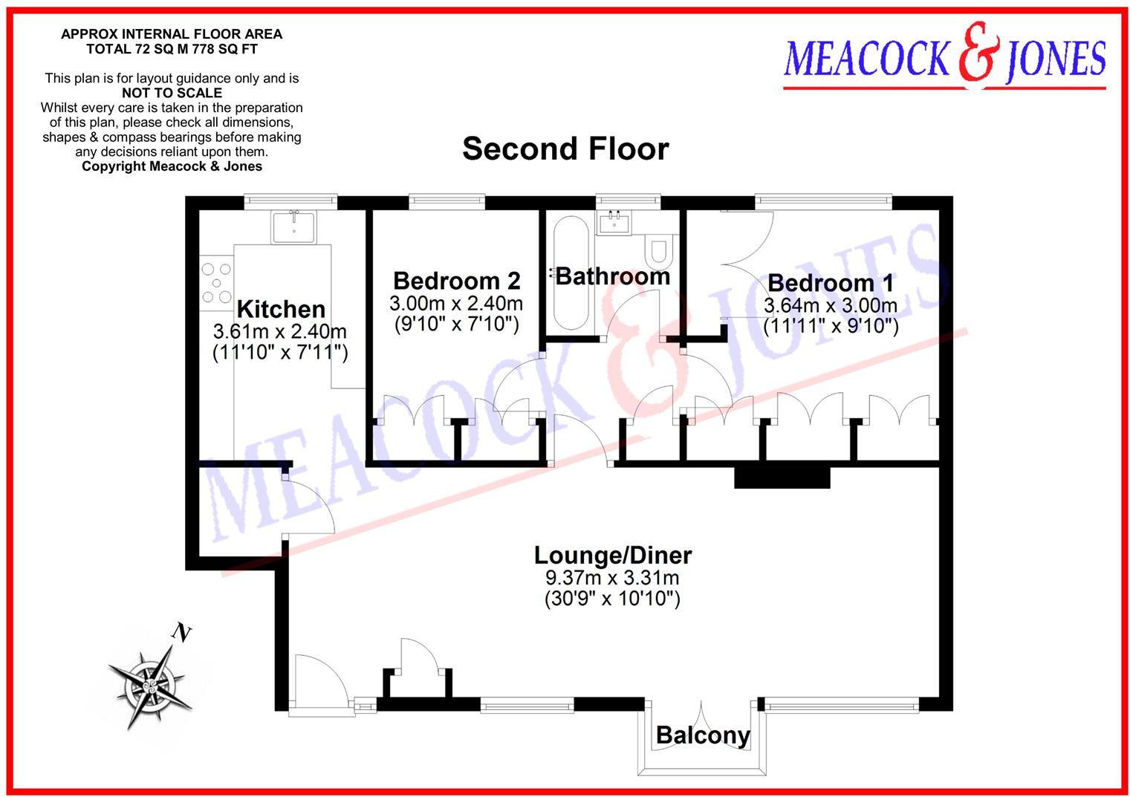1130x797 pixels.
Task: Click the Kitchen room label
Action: [281, 309]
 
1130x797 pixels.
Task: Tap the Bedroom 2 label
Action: [456, 281]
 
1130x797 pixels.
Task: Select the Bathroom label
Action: [613, 276]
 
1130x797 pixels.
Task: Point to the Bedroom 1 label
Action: [831, 283]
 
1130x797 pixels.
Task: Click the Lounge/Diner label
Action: [613, 555]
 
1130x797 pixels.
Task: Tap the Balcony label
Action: [703, 735]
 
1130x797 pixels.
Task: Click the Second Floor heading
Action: [565, 149]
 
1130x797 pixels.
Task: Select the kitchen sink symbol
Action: [294, 226]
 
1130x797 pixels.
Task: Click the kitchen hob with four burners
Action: [216, 283]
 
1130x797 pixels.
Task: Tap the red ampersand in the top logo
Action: [976, 53]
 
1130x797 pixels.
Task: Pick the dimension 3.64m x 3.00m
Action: [831, 305]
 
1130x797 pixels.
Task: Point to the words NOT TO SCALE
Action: [172, 93]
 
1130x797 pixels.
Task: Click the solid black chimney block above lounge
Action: [782, 475]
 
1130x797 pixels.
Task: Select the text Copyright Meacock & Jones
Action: [172, 166]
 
